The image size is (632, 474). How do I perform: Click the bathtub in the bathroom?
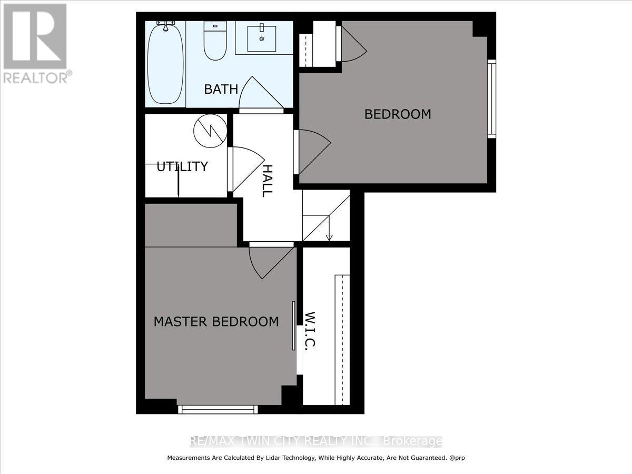[165, 62]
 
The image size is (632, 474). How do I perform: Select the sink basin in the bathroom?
[262, 38]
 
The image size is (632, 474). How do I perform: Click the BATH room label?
[221, 89]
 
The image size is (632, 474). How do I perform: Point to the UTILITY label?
[182, 167]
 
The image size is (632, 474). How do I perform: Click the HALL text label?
[268, 181]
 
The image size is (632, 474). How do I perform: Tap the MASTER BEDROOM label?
[216, 321]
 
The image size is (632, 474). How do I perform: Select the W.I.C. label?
[310, 331]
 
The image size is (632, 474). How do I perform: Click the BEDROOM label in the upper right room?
[398, 114]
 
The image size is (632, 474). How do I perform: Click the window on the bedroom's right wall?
[491, 98]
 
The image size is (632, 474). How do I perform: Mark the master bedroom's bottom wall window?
[218, 409]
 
